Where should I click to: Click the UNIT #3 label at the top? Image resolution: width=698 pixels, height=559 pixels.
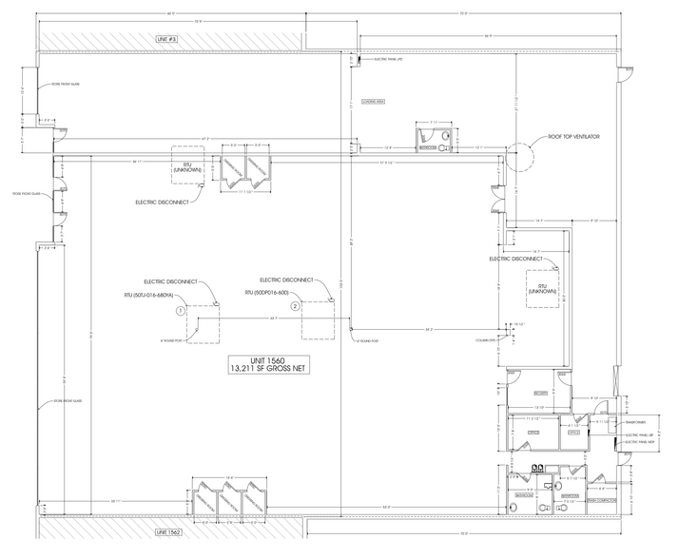coord(167,38)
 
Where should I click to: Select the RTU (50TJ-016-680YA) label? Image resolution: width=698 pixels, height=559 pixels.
coord(150,296)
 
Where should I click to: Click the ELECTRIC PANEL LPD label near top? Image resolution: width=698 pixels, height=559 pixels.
coord(390,60)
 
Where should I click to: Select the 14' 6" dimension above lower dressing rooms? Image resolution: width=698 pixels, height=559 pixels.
coord(229,477)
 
